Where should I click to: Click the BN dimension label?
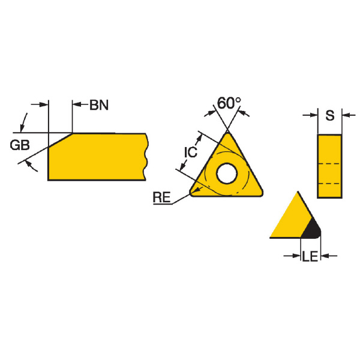99,105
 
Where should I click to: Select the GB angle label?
20,145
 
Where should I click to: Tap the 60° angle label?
229,103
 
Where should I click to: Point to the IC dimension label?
191,152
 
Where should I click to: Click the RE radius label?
162,197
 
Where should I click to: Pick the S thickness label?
330,115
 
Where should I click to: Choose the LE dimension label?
310,256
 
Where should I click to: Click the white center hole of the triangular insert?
227,173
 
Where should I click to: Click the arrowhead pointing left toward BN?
77,104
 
